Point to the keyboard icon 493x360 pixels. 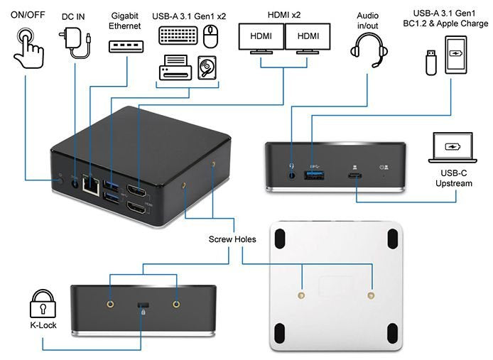pos(178,36)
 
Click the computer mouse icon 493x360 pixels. pos(210,36)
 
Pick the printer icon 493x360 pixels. pos(173,69)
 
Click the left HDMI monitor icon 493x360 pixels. pos(260,38)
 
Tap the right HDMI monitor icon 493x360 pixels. pos(308,38)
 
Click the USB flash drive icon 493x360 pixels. pos(430,61)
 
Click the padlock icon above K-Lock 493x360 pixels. pos(43,306)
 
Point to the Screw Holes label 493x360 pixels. pos(232,239)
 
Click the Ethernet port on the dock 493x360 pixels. pos(90,184)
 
